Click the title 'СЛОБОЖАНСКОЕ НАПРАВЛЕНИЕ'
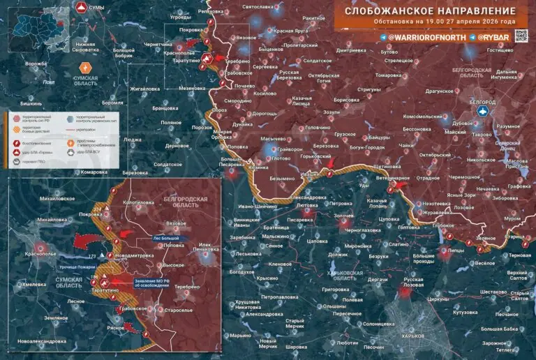(430, 12)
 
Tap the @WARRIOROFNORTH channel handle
(424, 36)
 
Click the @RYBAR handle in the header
(496, 36)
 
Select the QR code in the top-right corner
(524, 36)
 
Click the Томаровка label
(389, 75)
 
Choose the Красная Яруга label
(292, 31)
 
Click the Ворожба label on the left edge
(36, 63)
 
